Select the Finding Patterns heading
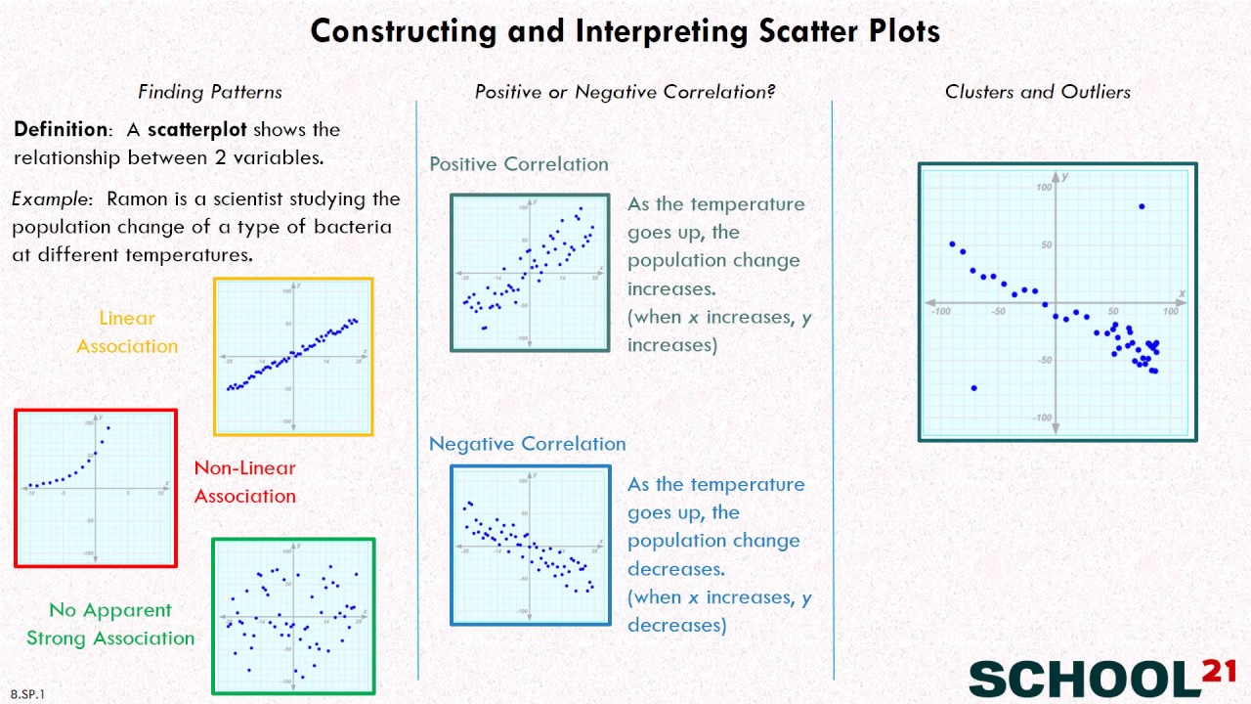[210, 92]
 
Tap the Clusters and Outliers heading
[1037, 92]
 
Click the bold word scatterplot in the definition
[196, 130]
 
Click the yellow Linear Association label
[127, 332]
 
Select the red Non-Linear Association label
[244, 482]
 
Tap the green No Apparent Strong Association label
[110, 624]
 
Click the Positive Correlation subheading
[519, 164]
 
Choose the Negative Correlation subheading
[528, 444]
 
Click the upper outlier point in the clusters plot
[1142, 206]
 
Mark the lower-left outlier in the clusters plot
[973, 388]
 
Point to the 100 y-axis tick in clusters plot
[1045, 187]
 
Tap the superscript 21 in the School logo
[1218, 670]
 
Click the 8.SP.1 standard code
[28, 694]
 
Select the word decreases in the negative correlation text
[675, 569]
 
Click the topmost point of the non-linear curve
[108, 427]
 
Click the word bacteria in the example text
[353, 228]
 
